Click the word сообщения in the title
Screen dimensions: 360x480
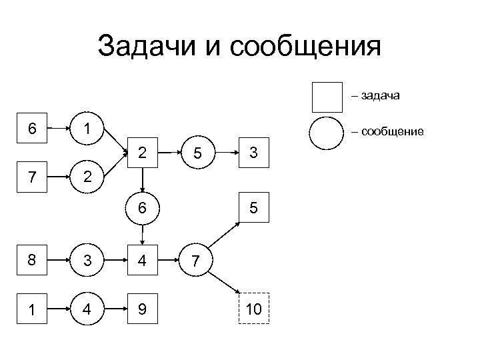coord(305,47)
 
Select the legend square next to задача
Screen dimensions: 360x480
coord(327,97)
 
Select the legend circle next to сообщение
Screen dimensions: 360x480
coord(327,132)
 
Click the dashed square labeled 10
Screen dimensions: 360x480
coord(253,308)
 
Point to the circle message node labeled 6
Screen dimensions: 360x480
coord(143,208)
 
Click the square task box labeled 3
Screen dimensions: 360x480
coord(253,153)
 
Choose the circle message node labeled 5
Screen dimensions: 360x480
coord(197,153)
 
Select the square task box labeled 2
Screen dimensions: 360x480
coord(143,153)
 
